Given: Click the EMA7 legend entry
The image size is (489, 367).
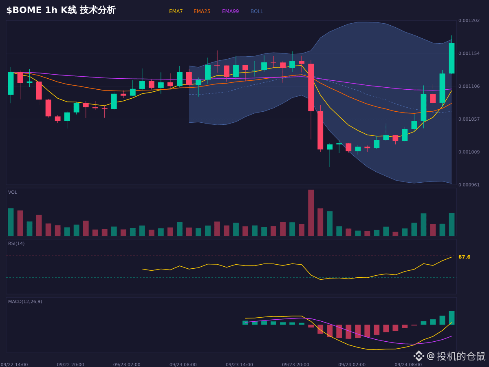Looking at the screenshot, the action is tap(176, 11).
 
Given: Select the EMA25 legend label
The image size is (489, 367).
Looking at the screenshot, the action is tap(202, 11).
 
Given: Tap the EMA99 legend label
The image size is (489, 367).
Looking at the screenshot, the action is tap(230, 11).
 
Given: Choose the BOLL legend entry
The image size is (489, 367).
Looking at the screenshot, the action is tap(257, 11).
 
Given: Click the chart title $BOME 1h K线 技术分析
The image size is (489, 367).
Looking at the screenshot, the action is tap(61, 10).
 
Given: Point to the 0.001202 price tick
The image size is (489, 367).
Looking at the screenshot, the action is tap(469, 20).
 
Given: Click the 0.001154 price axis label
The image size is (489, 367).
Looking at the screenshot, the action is tap(469, 53).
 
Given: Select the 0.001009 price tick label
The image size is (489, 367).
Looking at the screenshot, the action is tap(469, 152).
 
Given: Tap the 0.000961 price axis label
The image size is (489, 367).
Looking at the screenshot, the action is tap(469, 185).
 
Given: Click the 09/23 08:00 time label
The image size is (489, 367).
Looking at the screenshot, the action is tap(183, 365).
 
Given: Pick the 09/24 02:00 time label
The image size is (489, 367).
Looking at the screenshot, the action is tap(352, 365).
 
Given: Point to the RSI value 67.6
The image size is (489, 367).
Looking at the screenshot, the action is tap(464, 257).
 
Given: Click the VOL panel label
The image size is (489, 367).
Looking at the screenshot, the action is tap(13, 192).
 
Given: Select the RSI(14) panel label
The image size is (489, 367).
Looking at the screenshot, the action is tap(16, 243).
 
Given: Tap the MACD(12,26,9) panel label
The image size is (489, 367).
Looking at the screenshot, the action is tap(25, 301).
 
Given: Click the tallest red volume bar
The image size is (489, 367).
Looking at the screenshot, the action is tap(311, 213).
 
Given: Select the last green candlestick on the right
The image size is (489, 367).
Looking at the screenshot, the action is tap(452, 58).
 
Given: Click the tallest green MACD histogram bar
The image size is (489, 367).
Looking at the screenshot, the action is tap(452, 318).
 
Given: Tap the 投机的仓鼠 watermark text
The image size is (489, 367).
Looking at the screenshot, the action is tap(461, 356).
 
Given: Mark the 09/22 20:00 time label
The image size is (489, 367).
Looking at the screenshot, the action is tap(70, 365).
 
